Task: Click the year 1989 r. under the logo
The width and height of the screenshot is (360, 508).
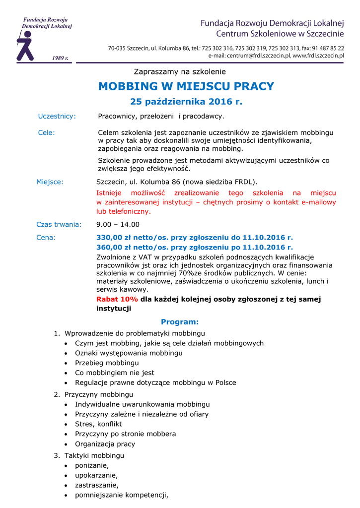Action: [60, 58]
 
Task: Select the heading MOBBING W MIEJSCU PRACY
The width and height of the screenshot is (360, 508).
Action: [186, 86]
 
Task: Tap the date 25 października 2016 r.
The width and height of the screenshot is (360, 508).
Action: [186, 102]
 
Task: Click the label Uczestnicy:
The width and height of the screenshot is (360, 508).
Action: [57, 116]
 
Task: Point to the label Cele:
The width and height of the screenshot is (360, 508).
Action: [47, 132]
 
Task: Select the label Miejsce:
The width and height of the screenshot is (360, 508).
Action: [50, 182]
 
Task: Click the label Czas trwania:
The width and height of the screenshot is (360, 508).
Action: [59, 224]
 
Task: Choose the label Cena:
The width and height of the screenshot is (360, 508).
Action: [46, 237]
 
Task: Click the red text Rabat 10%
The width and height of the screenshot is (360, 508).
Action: [117, 299]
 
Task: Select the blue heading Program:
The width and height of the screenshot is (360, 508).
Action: [180, 322]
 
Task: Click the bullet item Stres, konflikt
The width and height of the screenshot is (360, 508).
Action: [98, 424]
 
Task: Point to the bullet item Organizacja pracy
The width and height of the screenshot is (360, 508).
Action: [105, 444]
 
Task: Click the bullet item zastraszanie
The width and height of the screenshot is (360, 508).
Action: [96, 485]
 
